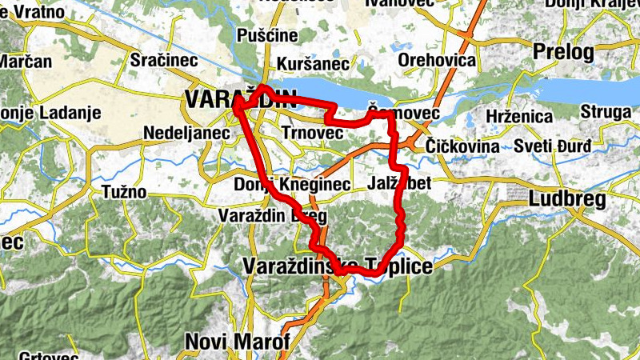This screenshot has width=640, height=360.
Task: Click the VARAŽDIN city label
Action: tap(240, 98)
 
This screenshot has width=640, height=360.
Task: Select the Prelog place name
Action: tap(564, 54)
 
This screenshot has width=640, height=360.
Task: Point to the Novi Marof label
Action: tap(237, 342)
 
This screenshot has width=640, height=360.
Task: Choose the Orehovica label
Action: tap(437, 60)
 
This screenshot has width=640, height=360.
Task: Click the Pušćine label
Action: tap(267, 35)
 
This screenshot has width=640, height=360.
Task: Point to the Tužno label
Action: tap(124, 191)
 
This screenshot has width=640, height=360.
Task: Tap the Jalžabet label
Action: tap(400, 184)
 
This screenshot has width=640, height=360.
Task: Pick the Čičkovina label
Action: tap(462, 147)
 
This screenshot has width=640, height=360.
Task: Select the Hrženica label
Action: tap(519, 117)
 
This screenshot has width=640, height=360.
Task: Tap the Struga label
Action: tap(606, 112)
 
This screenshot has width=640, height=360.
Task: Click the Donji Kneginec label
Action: tap(293, 185)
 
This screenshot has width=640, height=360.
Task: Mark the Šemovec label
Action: tap(404, 114)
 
